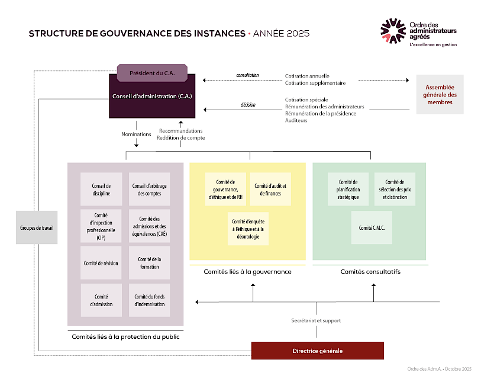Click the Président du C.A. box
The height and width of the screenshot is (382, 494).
pyautogui.click(x=152, y=73)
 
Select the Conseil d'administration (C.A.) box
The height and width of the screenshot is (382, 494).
pyautogui.click(x=152, y=97)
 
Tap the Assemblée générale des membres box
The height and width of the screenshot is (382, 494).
pyautogui.click(x=440, y=95)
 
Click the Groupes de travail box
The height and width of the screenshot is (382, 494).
pyautogui.click(x=37, y=227)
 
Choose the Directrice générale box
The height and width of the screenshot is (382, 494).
pyautogui.click(x=317, y=351)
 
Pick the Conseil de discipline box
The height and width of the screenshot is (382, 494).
pyautogui.click(x=101, y=189)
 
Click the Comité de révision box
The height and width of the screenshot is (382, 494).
pyautogui.click(x=101, y=263)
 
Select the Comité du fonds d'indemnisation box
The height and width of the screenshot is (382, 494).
pyautogui.click(x=149, y=300)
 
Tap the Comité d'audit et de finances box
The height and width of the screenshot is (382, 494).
pyautogui.click(x=270, y=189)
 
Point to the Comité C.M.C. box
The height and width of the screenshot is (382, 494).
pyautogui.click(x=372, y=227)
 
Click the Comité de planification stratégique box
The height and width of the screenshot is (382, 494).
pyautogui.click(x=348, y=189)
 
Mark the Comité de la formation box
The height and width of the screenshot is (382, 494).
pyautogui.click(x=149, y=263)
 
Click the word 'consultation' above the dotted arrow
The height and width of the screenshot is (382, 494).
pyautogui.click(x=247, y=76)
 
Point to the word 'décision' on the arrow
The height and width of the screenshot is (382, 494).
pyautogui.click(x=248, y=104)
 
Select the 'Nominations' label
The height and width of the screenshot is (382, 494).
pyautogui.click(x=136, y=134)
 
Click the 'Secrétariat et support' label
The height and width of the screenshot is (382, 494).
pyautogui.click(x=316, y=320)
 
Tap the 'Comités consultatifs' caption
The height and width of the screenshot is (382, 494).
pyautogui.click(x=370, y=272)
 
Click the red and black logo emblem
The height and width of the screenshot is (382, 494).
pyautogui.click(x=393, y=31)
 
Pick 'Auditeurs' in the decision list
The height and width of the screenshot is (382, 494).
pyautogui.click(x=296, y=120)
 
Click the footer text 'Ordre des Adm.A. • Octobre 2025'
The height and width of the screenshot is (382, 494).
pyautogui.click(x=439, y=369)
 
